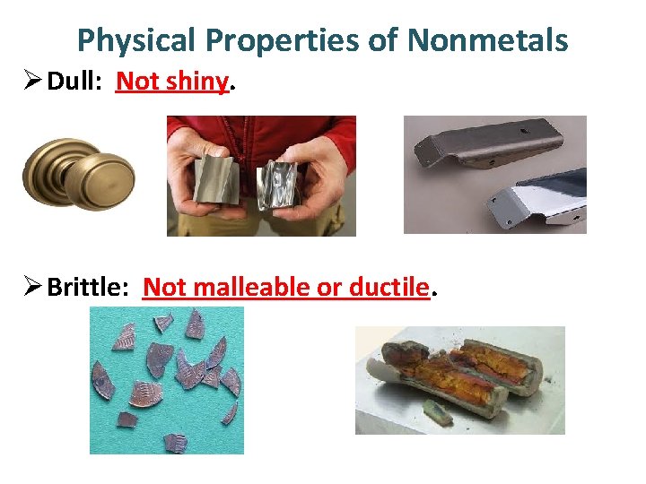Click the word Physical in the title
point(135,40)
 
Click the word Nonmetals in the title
point(488,40)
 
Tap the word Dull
point(75,82)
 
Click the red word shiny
point(197,82)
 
